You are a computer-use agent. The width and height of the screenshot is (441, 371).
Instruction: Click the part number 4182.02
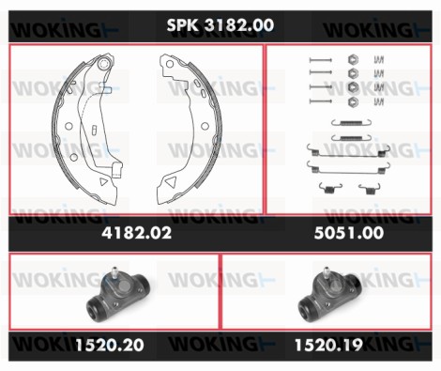(135, 232)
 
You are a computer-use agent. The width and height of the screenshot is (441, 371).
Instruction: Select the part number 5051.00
(353, 232)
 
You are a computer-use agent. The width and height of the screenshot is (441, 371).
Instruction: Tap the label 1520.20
(111, 347)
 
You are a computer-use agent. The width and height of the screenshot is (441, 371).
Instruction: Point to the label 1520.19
(329, 347)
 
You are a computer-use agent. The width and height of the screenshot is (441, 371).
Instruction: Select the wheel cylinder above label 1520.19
(330, 299)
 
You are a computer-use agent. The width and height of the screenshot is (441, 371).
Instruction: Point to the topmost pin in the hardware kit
(320, 61)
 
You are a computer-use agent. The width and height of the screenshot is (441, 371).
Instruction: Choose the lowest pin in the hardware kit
(320, 100)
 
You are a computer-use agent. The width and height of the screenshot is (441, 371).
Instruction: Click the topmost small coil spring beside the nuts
(378, 60)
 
